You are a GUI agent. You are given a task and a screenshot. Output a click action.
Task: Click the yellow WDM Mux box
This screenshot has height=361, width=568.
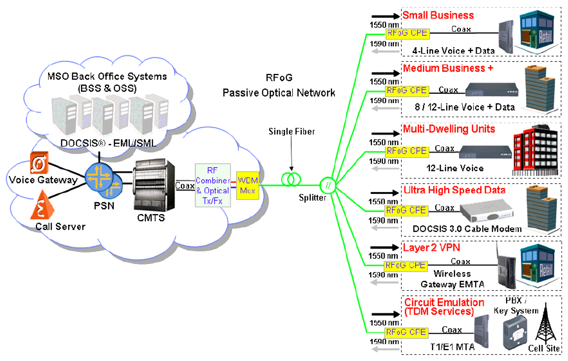tap(247, 185)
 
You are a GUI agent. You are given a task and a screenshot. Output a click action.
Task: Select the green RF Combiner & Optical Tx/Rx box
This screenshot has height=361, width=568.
tap(213, 185)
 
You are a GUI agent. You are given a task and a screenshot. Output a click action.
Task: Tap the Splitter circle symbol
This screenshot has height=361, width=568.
tap(328, 185)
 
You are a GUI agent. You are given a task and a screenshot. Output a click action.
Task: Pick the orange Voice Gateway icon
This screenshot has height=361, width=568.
tap(39, 163)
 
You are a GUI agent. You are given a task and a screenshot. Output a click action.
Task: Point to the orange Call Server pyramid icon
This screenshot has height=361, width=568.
tap(41, 206)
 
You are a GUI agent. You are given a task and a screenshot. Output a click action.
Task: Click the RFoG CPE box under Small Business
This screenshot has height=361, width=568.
tap(407, 33)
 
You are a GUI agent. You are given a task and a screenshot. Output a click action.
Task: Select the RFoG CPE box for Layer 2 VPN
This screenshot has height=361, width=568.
tap(406, 265)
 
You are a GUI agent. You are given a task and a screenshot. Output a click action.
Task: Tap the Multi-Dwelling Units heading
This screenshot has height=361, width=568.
tap(449, 129)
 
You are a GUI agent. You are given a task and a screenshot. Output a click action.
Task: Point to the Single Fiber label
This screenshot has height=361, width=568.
tap(292, 131)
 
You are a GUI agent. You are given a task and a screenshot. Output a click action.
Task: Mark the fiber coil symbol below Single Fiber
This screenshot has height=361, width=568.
tap(291, 179)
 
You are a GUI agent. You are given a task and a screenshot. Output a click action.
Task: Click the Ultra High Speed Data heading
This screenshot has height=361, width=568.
tap(454, 190)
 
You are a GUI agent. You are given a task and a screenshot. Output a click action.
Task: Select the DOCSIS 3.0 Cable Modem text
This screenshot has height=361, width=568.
tap(467, 229)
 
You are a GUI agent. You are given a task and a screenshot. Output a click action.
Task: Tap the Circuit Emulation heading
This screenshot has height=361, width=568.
tap(444, 303)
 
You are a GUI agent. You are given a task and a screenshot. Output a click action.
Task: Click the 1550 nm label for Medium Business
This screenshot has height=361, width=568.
tap(384, 82)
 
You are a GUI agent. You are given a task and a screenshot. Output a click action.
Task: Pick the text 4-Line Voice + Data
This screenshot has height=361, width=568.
tap(453, 51)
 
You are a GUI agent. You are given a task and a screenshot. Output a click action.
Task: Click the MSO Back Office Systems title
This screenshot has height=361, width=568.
tap(107, 76)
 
